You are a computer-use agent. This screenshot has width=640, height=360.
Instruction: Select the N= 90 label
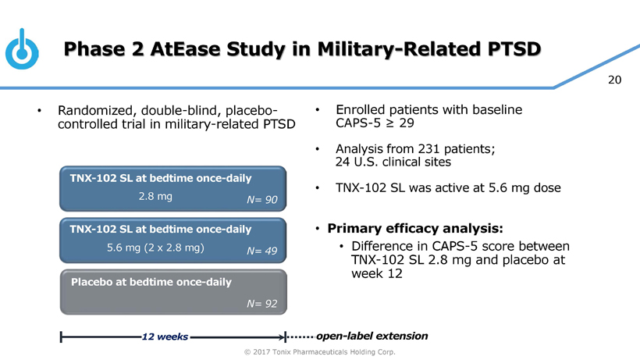point(261,201)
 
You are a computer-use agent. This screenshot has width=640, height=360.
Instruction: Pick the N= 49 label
point(261,251)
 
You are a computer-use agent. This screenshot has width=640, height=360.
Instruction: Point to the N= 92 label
point(261,304)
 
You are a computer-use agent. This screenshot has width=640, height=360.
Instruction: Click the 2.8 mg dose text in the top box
point(155,196)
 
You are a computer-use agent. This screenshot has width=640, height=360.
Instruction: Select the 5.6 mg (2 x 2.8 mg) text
point(155,248)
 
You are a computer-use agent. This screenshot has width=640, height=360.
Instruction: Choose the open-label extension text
point(372,336)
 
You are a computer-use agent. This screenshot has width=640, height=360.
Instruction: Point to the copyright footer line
point(320,352)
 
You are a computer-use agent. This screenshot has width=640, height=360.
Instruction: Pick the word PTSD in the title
point(507,49)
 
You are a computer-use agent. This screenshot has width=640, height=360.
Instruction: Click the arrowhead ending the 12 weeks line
point(285,337)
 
